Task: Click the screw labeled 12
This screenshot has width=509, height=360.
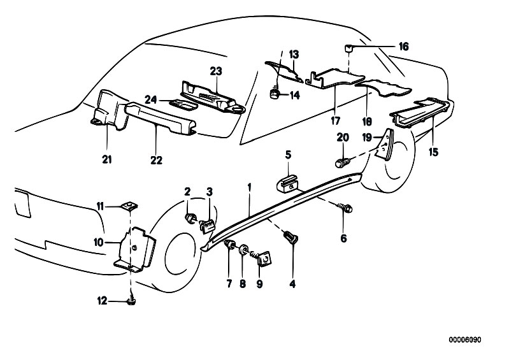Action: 132,300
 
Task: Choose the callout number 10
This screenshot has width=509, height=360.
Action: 99,241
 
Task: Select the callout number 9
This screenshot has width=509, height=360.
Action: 261,286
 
